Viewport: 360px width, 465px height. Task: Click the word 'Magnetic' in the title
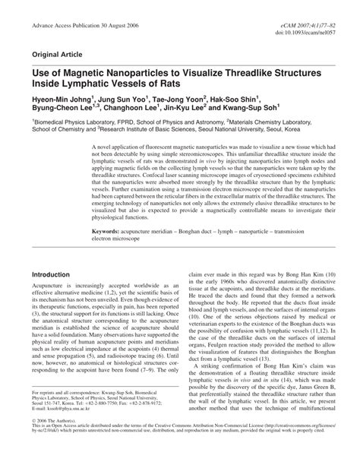click(x=89, y=74)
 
